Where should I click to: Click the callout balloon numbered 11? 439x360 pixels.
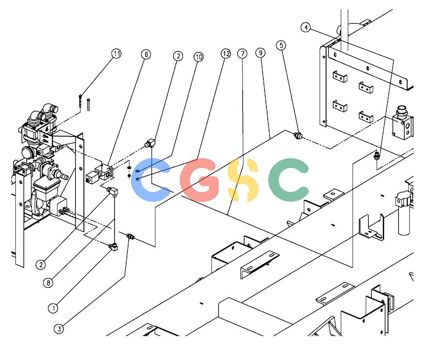click(x=116, y=54)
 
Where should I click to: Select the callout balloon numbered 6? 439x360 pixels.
click(x=146, y=54)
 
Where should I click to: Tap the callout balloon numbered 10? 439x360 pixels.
click(x=198, y=57)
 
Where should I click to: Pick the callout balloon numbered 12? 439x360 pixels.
click(x=226, y=54)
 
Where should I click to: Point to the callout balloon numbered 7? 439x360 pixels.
click(x=242, y=54)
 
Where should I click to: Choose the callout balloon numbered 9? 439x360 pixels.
click(x=260, y=53)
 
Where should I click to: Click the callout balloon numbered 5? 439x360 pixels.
click(x=281, y=45)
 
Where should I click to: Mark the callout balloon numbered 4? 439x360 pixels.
click(x=306, y=27)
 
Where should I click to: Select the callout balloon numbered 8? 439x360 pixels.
click(x=48, y=283)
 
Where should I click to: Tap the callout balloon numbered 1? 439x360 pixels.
click(x=53, y=308)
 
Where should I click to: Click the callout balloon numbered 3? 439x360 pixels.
click(x=59, y=329)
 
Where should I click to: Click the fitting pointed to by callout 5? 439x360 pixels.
click(x=298, y=136)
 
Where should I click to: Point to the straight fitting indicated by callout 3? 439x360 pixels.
click(x=130, y=237)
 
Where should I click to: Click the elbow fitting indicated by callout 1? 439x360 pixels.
click(x=113, y=247)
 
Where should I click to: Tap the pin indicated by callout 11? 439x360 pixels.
click(x=80, y=101)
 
